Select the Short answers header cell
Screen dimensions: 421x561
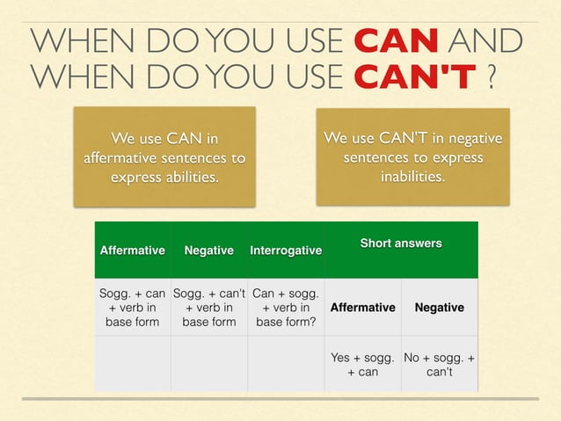[x=401, y=243]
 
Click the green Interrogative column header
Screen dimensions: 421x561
[x=286, y=250]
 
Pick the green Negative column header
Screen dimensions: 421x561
[x=208, y=250]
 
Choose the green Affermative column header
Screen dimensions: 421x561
[x=132, y=250]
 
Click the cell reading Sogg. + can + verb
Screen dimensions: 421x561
[x=132, y=307]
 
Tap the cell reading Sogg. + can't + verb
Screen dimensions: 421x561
[x=208, y=307]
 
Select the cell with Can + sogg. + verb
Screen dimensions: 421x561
[x=286, y=307]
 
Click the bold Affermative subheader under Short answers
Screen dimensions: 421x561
[x=362, y=308]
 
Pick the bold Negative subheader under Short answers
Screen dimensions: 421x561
[x=440, y=308]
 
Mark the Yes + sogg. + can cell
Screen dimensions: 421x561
[x=362, y=364]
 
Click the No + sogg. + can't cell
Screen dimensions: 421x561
[x=440, y=364]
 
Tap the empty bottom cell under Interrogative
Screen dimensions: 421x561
[x=286, y=364]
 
